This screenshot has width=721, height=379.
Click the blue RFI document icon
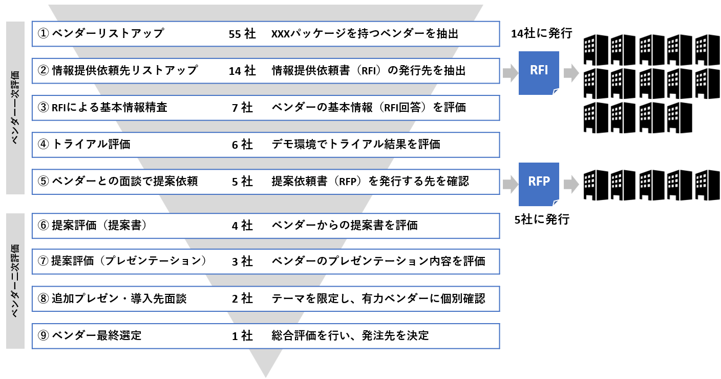[x=539, y=73]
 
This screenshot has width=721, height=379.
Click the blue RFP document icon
[x=539, y=184]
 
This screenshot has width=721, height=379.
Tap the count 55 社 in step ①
[x=242, y=34]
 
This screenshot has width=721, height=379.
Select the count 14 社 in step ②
[x=242, y=71]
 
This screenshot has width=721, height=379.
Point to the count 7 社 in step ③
[x=242, y=108]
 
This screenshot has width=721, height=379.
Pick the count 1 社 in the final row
[x=242, y=336]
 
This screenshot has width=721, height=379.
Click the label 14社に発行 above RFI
[x=542, y=33]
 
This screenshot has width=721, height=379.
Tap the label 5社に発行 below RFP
[x=542, y=220]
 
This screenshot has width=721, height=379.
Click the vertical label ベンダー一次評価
[x=15, y=108]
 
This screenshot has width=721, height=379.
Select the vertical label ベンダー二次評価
[x=15, y=281]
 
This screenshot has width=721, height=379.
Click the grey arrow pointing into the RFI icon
[x=510, y=73]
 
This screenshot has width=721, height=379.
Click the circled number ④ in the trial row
[x=43, y=144]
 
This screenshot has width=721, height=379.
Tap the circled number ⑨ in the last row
[x=43, y=335]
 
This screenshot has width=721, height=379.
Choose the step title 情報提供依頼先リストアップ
[x=124, y=70]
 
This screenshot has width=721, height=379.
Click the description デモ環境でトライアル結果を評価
[x=356, y=144]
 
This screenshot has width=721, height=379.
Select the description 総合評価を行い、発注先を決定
[x=350, y=335]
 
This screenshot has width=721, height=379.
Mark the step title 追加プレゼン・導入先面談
[x=119, y=298]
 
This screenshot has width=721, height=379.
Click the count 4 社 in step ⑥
[x=242, y=226]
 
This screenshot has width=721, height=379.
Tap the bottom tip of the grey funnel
[x=266, y=377]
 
